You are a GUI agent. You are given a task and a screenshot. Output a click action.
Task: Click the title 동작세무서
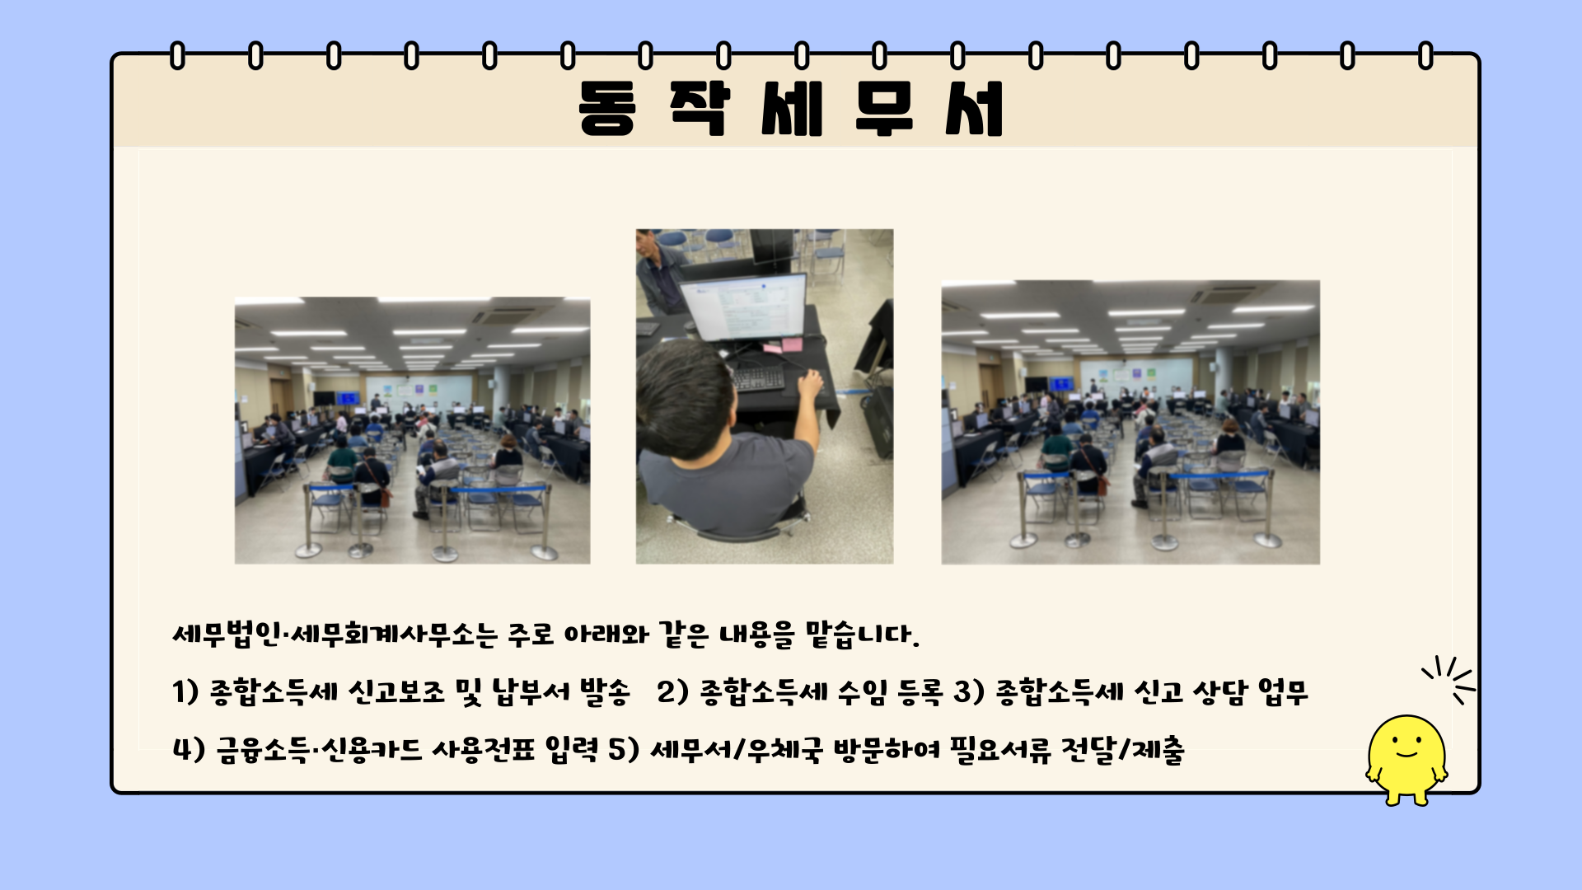pos(791,108)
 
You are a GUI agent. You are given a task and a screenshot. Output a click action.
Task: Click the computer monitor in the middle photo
pos(742,307)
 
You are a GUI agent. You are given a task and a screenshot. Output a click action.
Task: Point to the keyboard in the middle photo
pos(759,379)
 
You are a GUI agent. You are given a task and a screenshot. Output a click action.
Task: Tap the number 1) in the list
pos(185,691)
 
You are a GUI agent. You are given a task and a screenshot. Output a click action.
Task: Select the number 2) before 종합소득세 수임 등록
pos(672,691)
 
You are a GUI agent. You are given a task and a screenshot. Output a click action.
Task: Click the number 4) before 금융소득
pos(189,749)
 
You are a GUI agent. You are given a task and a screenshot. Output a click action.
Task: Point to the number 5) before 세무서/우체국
pos(624,749)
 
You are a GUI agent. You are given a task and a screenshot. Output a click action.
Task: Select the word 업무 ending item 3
pos(1283,691)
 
